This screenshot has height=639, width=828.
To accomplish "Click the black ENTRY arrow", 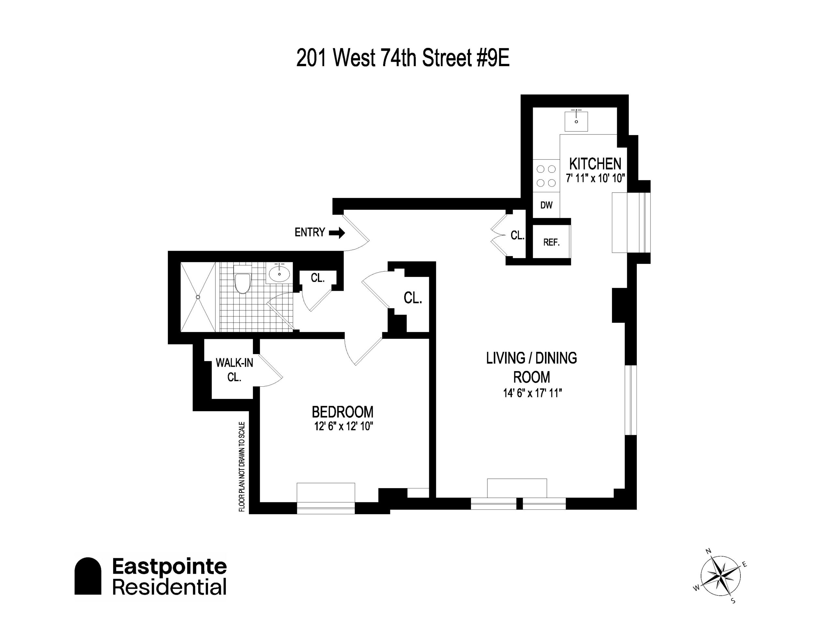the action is click(337, 233).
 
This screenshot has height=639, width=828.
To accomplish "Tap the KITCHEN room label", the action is click(595, 164).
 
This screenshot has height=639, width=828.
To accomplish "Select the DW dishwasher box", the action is click(546, 205).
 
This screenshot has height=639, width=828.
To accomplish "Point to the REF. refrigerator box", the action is click(551, 242).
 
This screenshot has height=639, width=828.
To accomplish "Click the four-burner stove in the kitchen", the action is click(546, 176).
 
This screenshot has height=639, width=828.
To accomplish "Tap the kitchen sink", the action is click(576, 121).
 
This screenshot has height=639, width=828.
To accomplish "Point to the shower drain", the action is click(198, 297).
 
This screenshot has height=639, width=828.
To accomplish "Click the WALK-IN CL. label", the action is click(234, 370).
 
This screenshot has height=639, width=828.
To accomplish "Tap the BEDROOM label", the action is click(342, 412).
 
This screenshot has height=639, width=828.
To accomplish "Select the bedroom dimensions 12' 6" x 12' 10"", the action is click(343, 426).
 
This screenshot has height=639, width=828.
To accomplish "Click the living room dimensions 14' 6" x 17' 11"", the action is click(532, 393).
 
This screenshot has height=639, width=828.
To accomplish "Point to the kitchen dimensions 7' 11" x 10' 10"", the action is click(595, 178).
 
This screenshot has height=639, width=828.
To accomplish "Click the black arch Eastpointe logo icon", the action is click(88, 576).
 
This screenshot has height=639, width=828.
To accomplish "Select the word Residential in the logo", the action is click(169, 587).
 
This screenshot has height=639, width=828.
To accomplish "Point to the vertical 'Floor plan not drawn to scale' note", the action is click(242, 467).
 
